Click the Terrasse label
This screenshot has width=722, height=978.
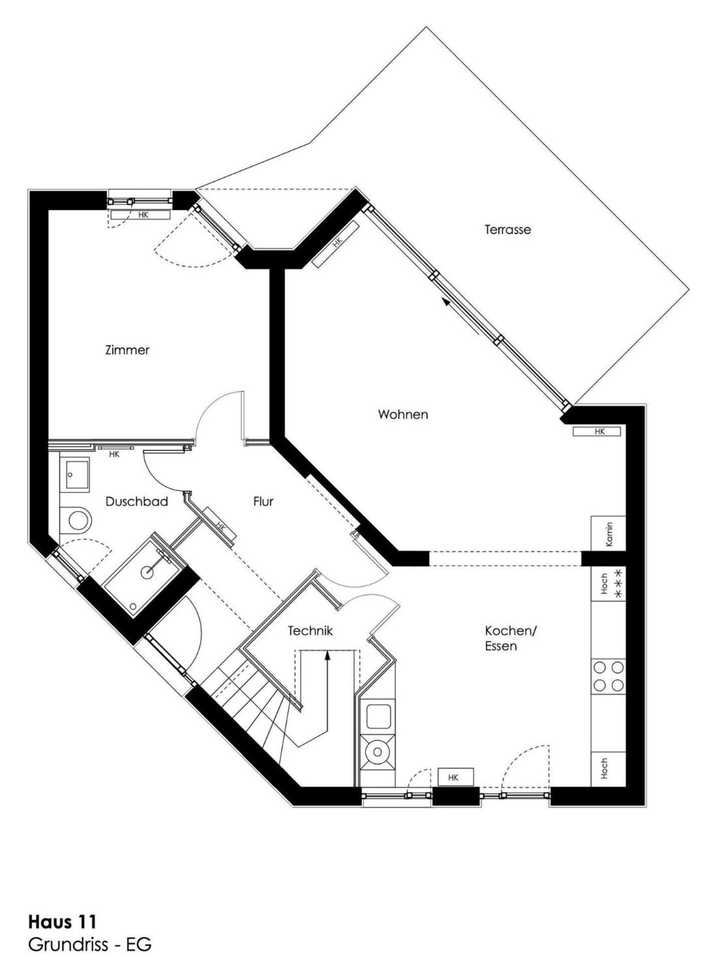click(x=507, y=230)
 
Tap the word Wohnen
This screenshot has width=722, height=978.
click(x=403, y=415)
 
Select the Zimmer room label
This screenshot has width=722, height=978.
click(x=127, y=350)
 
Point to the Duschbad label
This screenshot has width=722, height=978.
click(x=136, y=502)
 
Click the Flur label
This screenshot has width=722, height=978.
click(x=263, y=502)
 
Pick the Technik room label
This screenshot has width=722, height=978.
click(x=310, y=631)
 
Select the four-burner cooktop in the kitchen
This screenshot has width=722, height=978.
click(x=609, y=676)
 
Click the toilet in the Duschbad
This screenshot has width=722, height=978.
click(x=76, y=520)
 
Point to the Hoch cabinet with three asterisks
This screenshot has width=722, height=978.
click(x=609, y=584)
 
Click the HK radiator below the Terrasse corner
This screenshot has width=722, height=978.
click(x=597, y=432)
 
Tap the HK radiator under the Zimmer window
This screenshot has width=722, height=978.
click(x=141, y=215)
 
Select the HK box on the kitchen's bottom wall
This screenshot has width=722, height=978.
click(x=455, y=777)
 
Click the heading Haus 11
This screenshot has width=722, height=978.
click(x=63, y=922)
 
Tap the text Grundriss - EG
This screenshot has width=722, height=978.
click(x=90, y=945)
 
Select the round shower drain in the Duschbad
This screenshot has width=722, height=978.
click(x=146, y=571)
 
